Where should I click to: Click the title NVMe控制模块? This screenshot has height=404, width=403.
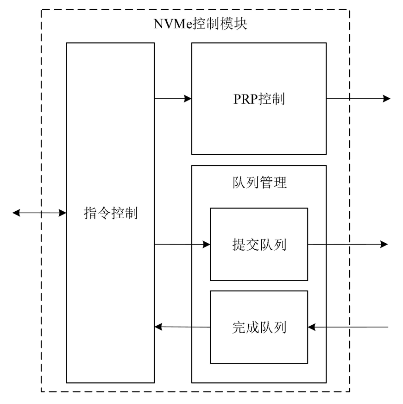coord(201,24)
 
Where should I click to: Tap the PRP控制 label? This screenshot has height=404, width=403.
coord(258,99)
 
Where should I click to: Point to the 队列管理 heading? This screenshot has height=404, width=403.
coord(258,183)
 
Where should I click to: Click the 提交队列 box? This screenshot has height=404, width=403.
coord(258,244)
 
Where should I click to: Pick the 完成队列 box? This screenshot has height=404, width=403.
coord(258,327)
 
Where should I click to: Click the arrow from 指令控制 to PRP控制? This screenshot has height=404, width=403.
coord(172,98)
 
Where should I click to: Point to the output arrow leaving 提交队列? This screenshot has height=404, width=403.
coord(347,244)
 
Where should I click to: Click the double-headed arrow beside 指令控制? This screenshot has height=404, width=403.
coord(39,213)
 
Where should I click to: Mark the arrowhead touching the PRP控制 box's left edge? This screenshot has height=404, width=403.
coord(188,98)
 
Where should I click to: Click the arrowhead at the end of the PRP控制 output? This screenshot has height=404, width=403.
coord(386,99)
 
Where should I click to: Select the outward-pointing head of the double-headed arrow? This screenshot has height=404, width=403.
coord(17,213)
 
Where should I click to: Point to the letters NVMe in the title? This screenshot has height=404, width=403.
coord(171,24)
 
